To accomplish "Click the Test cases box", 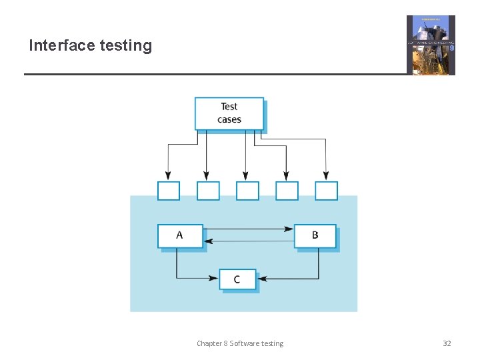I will [x=229, y=113].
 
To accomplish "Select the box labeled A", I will [x=180, y=236].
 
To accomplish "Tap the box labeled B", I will [x=315, y=236].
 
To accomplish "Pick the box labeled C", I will [x=237, y=279].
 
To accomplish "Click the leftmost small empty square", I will [x=169, y=191].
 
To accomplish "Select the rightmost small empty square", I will [x=327, y=191].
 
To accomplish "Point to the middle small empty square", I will [x=247, y=191].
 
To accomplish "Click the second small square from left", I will [x=208, y=191].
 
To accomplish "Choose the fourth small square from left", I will [x=287, y=191].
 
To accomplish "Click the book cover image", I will [x=431, y=45].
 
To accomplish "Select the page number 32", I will [x=447, y=343].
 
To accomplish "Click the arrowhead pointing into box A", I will [x=208, y=241].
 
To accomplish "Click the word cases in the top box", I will [x=229, y=120].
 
